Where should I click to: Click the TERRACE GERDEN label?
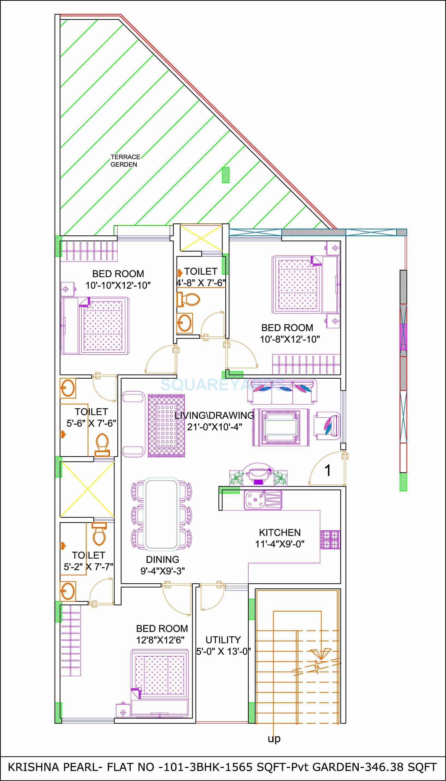(125, 160)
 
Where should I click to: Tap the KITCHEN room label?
(280, 532)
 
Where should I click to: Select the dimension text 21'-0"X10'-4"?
(214, 427)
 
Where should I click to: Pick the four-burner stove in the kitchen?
(330, 540)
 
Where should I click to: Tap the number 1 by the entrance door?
(327, 470)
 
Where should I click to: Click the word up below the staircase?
(274, 738)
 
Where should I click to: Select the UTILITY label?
(223, 640)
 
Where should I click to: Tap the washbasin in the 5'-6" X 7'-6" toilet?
(68, 388)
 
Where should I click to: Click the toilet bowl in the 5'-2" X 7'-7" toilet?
(99, 534)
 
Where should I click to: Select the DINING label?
(162, 559)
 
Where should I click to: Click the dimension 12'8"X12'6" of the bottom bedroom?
(160, 640)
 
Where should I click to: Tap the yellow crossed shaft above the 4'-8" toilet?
(201, 238)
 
